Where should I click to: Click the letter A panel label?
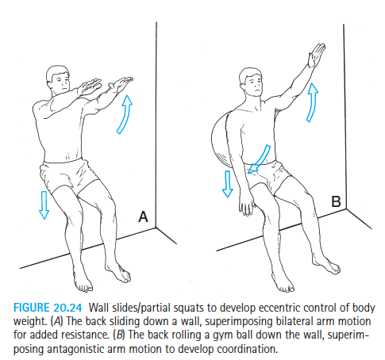[x=143, y=216]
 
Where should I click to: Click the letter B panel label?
[x=336, y=201]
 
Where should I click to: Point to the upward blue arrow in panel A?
[x=125, y=114]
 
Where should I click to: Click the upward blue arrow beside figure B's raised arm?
[x=313, y=102]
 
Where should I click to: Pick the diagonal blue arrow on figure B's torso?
[x=259, y=159]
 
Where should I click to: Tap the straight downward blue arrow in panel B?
[x=228, y=184]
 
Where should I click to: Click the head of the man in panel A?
[x=59, y=79]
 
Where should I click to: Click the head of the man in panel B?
[x=251, y=82]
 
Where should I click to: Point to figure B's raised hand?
[x=316, y=55]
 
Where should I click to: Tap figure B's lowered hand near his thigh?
[x=247, y=205]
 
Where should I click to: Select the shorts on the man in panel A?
[x=67, y=175]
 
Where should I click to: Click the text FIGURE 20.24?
[x=48, y=308]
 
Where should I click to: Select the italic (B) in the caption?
[x=119, y=335]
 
